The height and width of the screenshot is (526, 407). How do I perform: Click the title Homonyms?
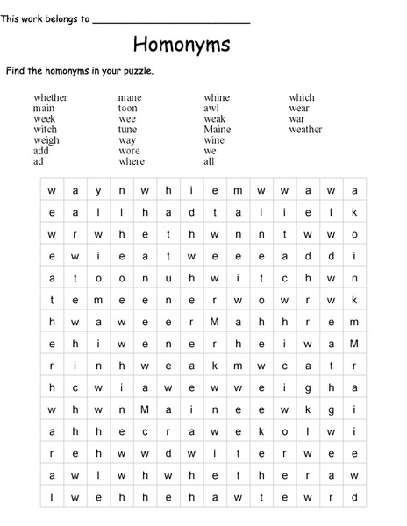182,44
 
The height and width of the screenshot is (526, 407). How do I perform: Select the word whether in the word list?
50,97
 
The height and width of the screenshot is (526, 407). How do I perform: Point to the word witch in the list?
45,130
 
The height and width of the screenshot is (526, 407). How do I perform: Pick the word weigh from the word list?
46,140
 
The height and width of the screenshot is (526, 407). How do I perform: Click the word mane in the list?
130,97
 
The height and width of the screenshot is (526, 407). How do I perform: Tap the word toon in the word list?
128,109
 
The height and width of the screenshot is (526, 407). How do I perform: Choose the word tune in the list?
128,130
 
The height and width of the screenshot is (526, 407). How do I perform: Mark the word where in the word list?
132,161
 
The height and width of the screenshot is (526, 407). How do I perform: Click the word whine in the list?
217,97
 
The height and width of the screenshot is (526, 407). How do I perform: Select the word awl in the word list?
211,109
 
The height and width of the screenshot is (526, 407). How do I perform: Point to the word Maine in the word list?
217,130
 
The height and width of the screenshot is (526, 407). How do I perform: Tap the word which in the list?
302,97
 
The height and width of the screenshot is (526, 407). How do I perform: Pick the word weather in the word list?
305,130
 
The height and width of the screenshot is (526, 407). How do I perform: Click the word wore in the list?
129,151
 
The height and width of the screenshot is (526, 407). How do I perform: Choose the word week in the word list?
44,119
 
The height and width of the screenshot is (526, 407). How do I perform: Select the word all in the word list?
209,161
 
